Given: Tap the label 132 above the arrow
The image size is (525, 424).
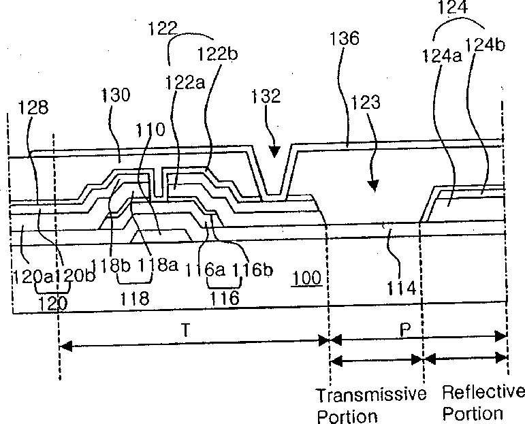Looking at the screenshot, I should click(266, 95).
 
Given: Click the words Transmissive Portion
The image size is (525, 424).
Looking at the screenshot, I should click(370, 404).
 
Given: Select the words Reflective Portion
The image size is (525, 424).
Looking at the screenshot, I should click(483, 402).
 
